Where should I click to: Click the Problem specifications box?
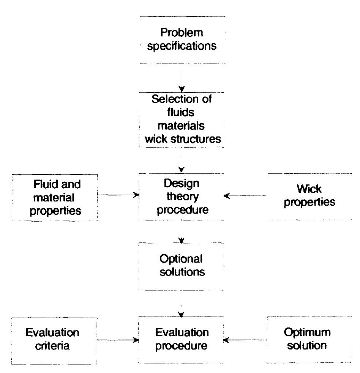click(182, 40)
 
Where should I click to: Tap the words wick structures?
click(183, 139)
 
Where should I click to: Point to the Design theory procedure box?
click(182, 197)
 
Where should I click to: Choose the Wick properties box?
click(309, 197)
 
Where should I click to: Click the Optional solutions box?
click(182, 266)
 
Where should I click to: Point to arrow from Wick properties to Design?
click(245, 196)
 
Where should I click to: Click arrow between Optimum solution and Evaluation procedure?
click(245, 340)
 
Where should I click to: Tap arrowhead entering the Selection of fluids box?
click(182, 90)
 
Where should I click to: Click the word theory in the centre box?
click(182, 197)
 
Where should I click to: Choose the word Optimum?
click(307, 333)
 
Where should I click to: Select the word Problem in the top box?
click(182, 33)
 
